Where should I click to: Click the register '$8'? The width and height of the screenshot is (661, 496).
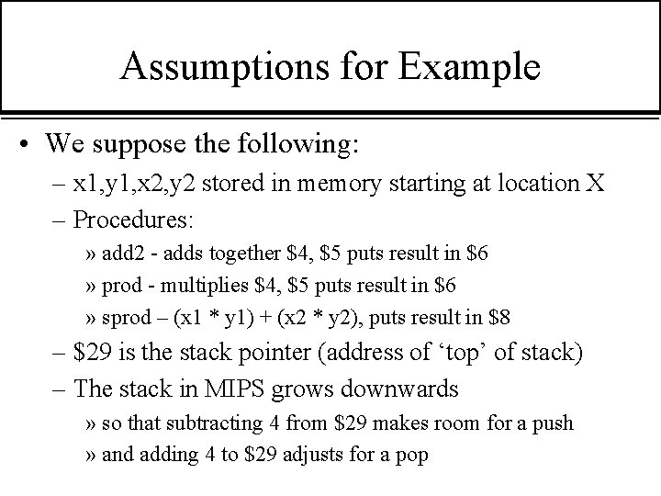(500, 319)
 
